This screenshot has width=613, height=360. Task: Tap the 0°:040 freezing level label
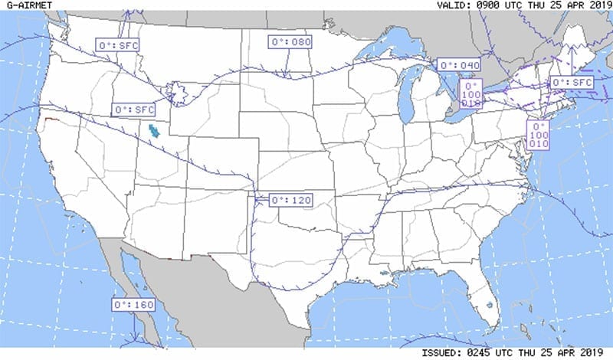click(x=459, y=65)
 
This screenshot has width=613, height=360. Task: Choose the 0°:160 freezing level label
click(x=133, y=304)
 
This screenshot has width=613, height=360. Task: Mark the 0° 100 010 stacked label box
click(x=539, y=135)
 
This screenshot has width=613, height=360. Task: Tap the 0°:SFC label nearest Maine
click(x=572, y=82)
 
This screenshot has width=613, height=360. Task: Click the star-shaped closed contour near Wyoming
click(x=178, y=94)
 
